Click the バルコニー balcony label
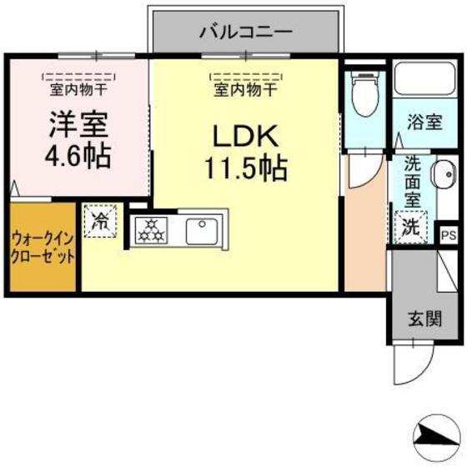tap(245, 33)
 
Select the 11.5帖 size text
tap(245, 168)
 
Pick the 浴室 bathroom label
tap(424, 122)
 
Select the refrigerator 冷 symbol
tap(100, 222)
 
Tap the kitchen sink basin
tap(201, 228)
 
